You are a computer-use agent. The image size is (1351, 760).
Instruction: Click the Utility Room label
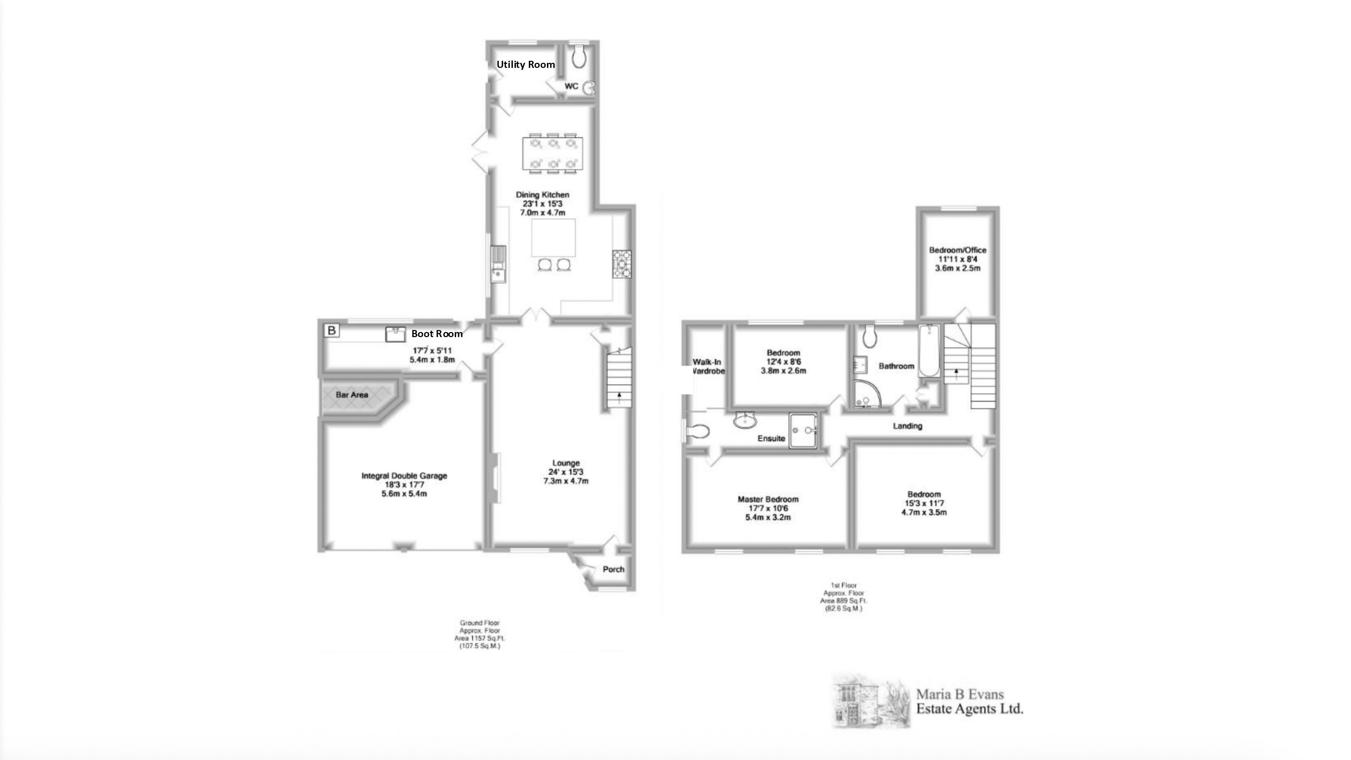pyautogui.click(x=526, y=65)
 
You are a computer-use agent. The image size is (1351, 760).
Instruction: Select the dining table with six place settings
pyautogui.click(x=552, y=154)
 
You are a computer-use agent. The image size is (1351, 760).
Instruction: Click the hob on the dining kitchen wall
pyautogui.click(x=622, y=264)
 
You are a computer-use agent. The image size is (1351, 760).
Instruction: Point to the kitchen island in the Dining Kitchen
pyautogui.click(x=553, y=237)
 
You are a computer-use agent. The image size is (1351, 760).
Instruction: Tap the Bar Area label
pyautogui.click(x=352, y=395)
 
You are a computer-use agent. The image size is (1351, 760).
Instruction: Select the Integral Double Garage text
pyautogui.click(x=404, y=476)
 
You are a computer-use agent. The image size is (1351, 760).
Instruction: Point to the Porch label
pyautogui.click(x=614, y=569)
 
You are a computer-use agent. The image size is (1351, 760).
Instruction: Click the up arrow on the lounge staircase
pyautogui.click(x=620, y=397)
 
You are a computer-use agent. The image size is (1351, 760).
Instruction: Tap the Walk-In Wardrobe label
pyautogui.click(x=707, y=366)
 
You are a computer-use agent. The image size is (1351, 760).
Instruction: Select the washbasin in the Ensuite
pyautogui.click(x=745, y=420)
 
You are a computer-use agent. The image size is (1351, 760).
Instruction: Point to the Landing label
pyautogui.click(x=907, y=426)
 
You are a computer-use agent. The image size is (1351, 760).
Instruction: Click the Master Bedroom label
pyautogui.click(x=768, y=499)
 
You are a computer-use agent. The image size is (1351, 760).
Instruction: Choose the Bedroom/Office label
pyautogui.click(x=958, y=250)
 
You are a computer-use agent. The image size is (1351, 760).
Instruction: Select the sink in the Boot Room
pyautogui.click(x=396, y=334)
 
